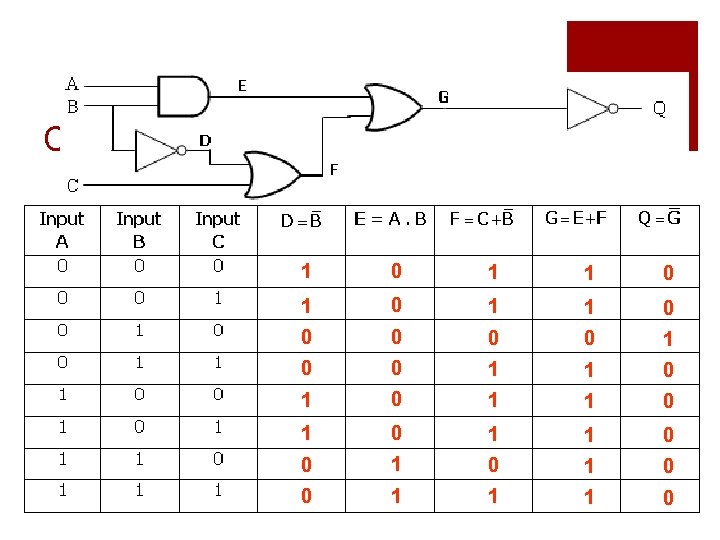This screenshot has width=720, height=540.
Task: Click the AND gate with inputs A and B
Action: point(183,96)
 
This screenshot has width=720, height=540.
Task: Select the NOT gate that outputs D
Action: point(159,150)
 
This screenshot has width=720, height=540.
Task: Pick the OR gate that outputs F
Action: point(273,175)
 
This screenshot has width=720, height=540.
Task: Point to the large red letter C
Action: point(53,138)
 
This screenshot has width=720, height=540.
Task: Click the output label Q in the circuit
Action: point(660,107)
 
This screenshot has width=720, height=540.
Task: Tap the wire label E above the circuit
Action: point(242,86)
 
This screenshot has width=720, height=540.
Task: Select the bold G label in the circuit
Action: point(443,97)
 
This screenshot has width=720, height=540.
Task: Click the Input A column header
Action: point(62,230)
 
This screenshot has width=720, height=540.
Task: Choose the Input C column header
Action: point(217,230)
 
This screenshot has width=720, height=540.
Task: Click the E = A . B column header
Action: point(390,219)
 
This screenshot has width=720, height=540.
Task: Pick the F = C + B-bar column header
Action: point(481,219)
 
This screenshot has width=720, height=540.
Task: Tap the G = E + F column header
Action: point(576,218)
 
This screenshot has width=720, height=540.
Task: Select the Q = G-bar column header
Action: point(659,218)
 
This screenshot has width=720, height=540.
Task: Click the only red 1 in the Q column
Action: point(668,340)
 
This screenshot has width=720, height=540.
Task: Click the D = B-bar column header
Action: point(301,219)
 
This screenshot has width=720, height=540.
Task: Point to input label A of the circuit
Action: point(72,84)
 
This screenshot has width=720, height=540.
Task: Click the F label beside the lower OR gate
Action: point(334,170)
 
